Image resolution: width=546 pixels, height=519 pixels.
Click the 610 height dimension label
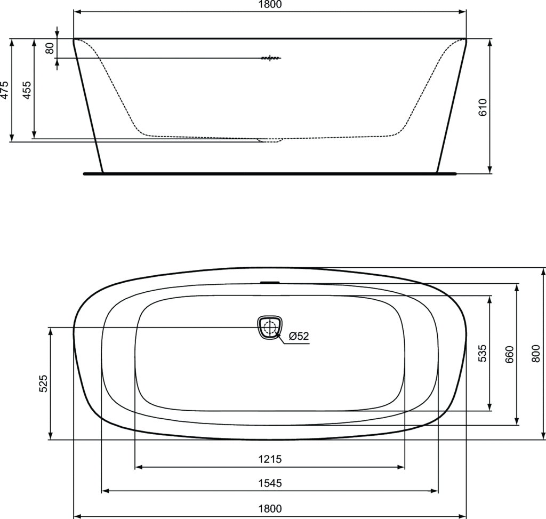pyautogui.click(x=482, y=107)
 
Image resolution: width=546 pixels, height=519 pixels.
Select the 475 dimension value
pyautogui.click(x=4, y=90)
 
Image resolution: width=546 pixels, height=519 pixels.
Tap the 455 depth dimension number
pyautogui.click(x=27, y=90)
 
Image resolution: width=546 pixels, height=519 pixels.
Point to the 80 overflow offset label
pyautogui.click(x=50, y=48)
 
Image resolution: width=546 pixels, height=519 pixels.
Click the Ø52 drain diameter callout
pyautogui.click(x=299, y=336)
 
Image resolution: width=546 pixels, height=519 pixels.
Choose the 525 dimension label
pyautogui.click(x=43, y=384)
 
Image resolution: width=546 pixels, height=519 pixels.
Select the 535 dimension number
pyautogui.click(x=482, y=353)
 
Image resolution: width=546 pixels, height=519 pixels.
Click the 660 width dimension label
pyautogui.click(x=509, y=355)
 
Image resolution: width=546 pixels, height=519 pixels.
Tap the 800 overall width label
pyautogui.click(x=536, y=354)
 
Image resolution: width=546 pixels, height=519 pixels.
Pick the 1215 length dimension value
pyautogui.click(x=270, y=459)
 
